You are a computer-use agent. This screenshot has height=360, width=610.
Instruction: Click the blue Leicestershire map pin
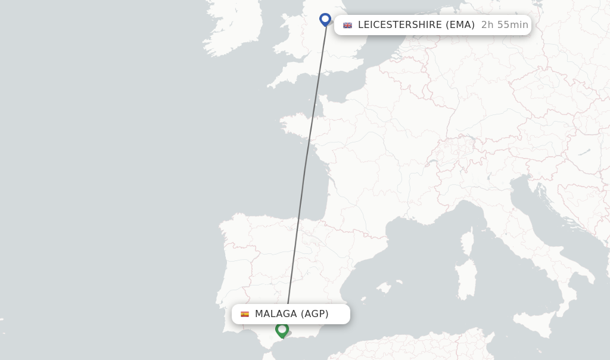[x=325, y=19]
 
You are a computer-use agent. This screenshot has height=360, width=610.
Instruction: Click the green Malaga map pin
[x=282, y=329]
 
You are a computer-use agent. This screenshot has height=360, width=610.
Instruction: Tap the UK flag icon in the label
[x=347, y=25]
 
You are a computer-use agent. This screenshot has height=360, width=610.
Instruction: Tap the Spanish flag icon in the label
[x=245, y=314]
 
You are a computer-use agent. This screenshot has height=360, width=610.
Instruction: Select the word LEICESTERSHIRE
[x=400, y=25]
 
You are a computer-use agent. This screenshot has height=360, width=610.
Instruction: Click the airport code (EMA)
[x=460, y=25]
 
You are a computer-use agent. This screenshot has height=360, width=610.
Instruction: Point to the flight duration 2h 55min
[x=505, y=25]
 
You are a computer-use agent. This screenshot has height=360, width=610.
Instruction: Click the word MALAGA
[x=276, y=314]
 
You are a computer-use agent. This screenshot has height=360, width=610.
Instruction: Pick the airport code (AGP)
[x=315, y=314]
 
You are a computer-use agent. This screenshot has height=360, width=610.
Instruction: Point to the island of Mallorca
[x=385, y=287]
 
